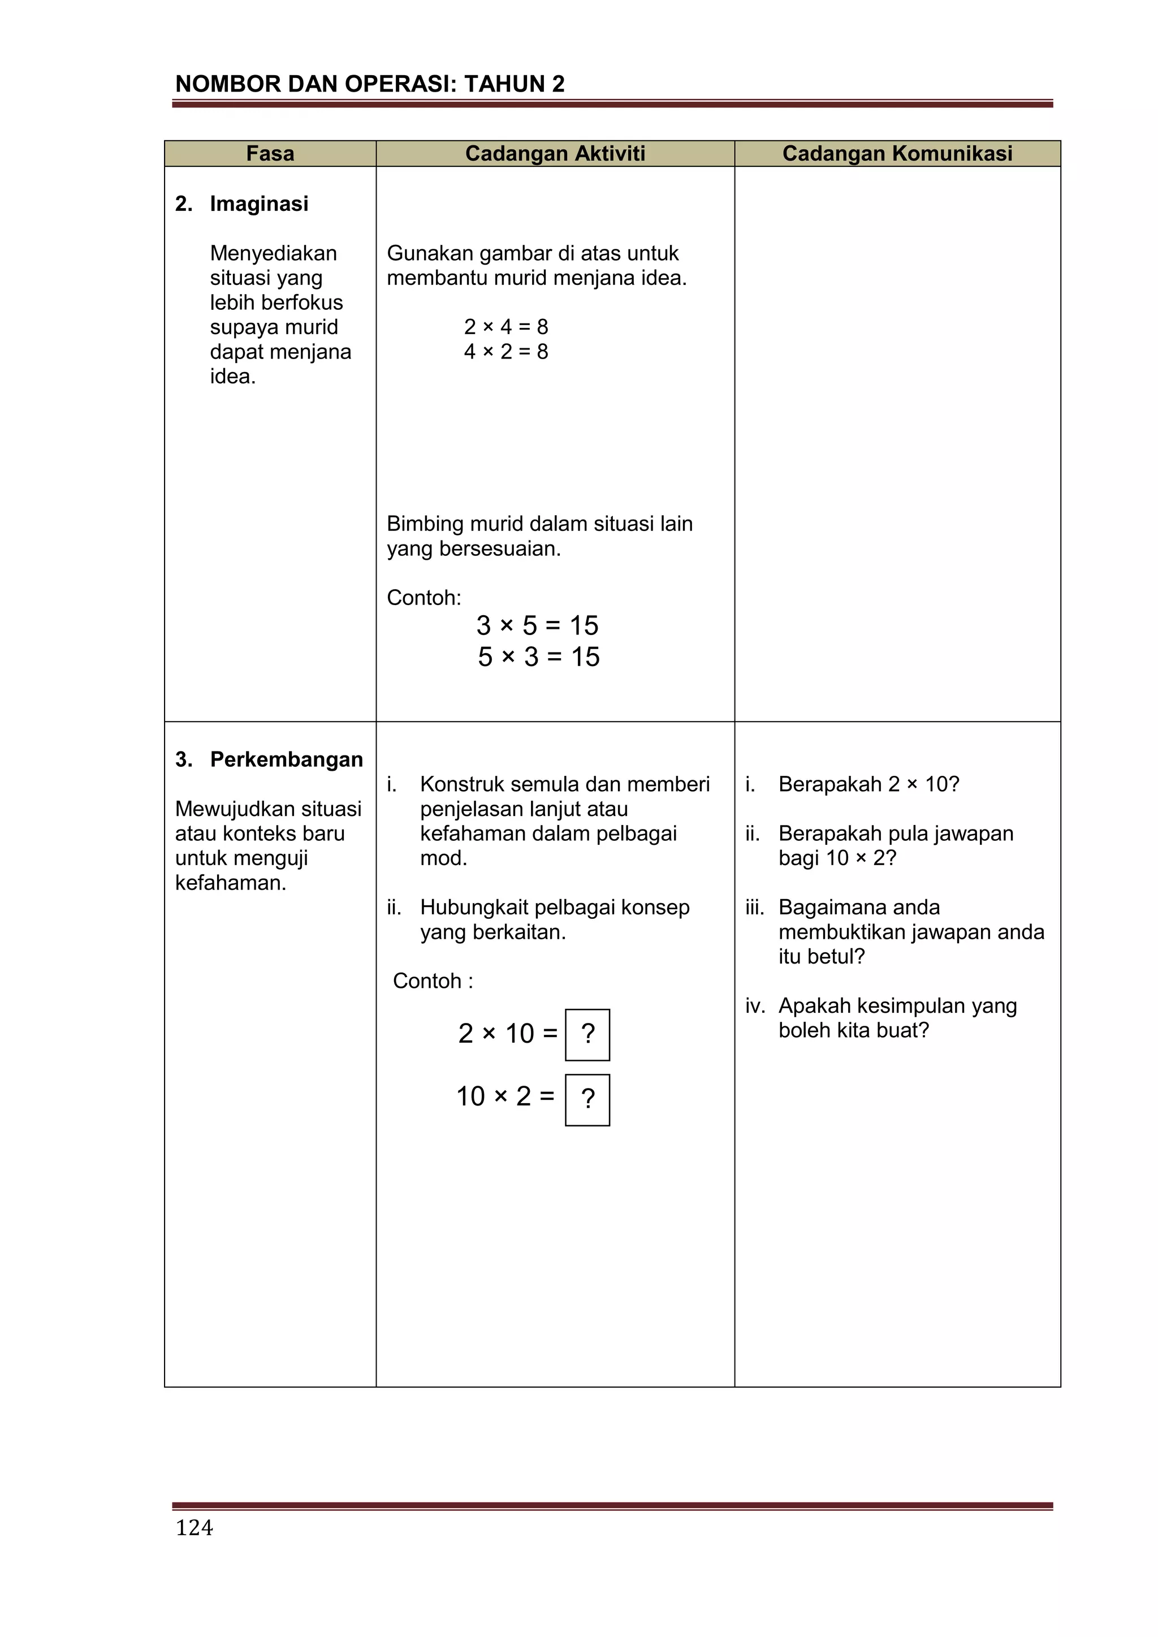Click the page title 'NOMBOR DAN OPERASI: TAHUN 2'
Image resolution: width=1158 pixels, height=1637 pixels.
[369, 84]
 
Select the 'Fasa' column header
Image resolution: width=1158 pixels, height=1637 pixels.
[270, 153]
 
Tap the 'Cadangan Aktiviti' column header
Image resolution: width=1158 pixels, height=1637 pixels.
[555, 153]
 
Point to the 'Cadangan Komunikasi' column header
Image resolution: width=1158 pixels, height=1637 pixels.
[897, 153]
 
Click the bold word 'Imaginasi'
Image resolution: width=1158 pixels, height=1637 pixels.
[259, 204]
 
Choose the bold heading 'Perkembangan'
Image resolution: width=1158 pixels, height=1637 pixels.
[287, 759]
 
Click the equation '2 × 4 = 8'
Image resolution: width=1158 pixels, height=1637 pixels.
[505, 326]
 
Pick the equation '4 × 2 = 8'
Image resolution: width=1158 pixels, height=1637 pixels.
[505, 352]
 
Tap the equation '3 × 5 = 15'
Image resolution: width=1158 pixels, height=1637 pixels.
[537, 625]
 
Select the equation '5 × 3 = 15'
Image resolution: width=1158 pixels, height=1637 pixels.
[538, 656]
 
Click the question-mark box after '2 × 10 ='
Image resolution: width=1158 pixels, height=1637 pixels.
[587, 1035]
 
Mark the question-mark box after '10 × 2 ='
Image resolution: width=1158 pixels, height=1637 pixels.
[587, 1099]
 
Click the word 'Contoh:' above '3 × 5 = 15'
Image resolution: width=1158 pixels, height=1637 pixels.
[424, 598]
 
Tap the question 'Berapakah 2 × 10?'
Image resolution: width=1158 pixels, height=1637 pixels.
[868, 784]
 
